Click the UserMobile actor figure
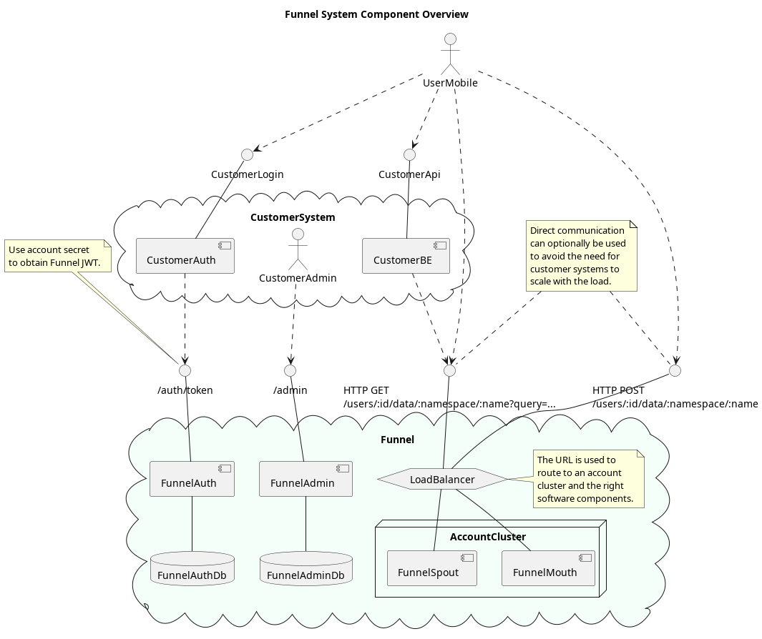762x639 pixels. point(450,54)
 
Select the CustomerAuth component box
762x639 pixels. point(185,256)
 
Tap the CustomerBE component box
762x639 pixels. point(406,256)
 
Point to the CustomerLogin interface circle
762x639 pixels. point(247,154)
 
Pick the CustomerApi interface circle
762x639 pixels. point(409,154)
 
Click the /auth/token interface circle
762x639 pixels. point(185,370)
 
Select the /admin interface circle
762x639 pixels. point(290,370)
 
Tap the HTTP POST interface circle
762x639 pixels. point(674,370)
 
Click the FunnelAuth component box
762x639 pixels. point(192,479)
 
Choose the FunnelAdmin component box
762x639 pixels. point(306,479)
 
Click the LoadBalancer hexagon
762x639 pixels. point(442,480)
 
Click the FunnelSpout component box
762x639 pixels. point(431,568)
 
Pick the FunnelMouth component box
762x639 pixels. point(548,568)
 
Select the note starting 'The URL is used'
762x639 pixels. point(588,479)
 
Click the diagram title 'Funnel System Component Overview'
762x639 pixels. point(376,14)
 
